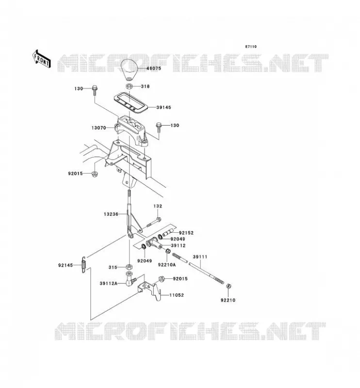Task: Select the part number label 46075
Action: tap(153, 68)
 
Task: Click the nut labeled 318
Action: tap(129, 86)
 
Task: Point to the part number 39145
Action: tap(164, 107)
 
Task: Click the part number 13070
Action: tap(99, 128)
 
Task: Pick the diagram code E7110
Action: tap(251, 47)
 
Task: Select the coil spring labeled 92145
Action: tap(84, 264)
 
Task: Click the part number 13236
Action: tap(111, 214)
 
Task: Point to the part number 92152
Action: tap(186, 233)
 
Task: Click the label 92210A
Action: tap(166, 265)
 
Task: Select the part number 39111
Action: tap(200, 257)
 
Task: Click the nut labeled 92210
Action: tap(229, 286)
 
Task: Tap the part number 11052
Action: tap(177, 295)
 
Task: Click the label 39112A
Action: tap(109, 284)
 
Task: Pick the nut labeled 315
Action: tap(129, 267)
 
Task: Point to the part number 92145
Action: tap(65, 265)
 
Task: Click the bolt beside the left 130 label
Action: tap(95, 91)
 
